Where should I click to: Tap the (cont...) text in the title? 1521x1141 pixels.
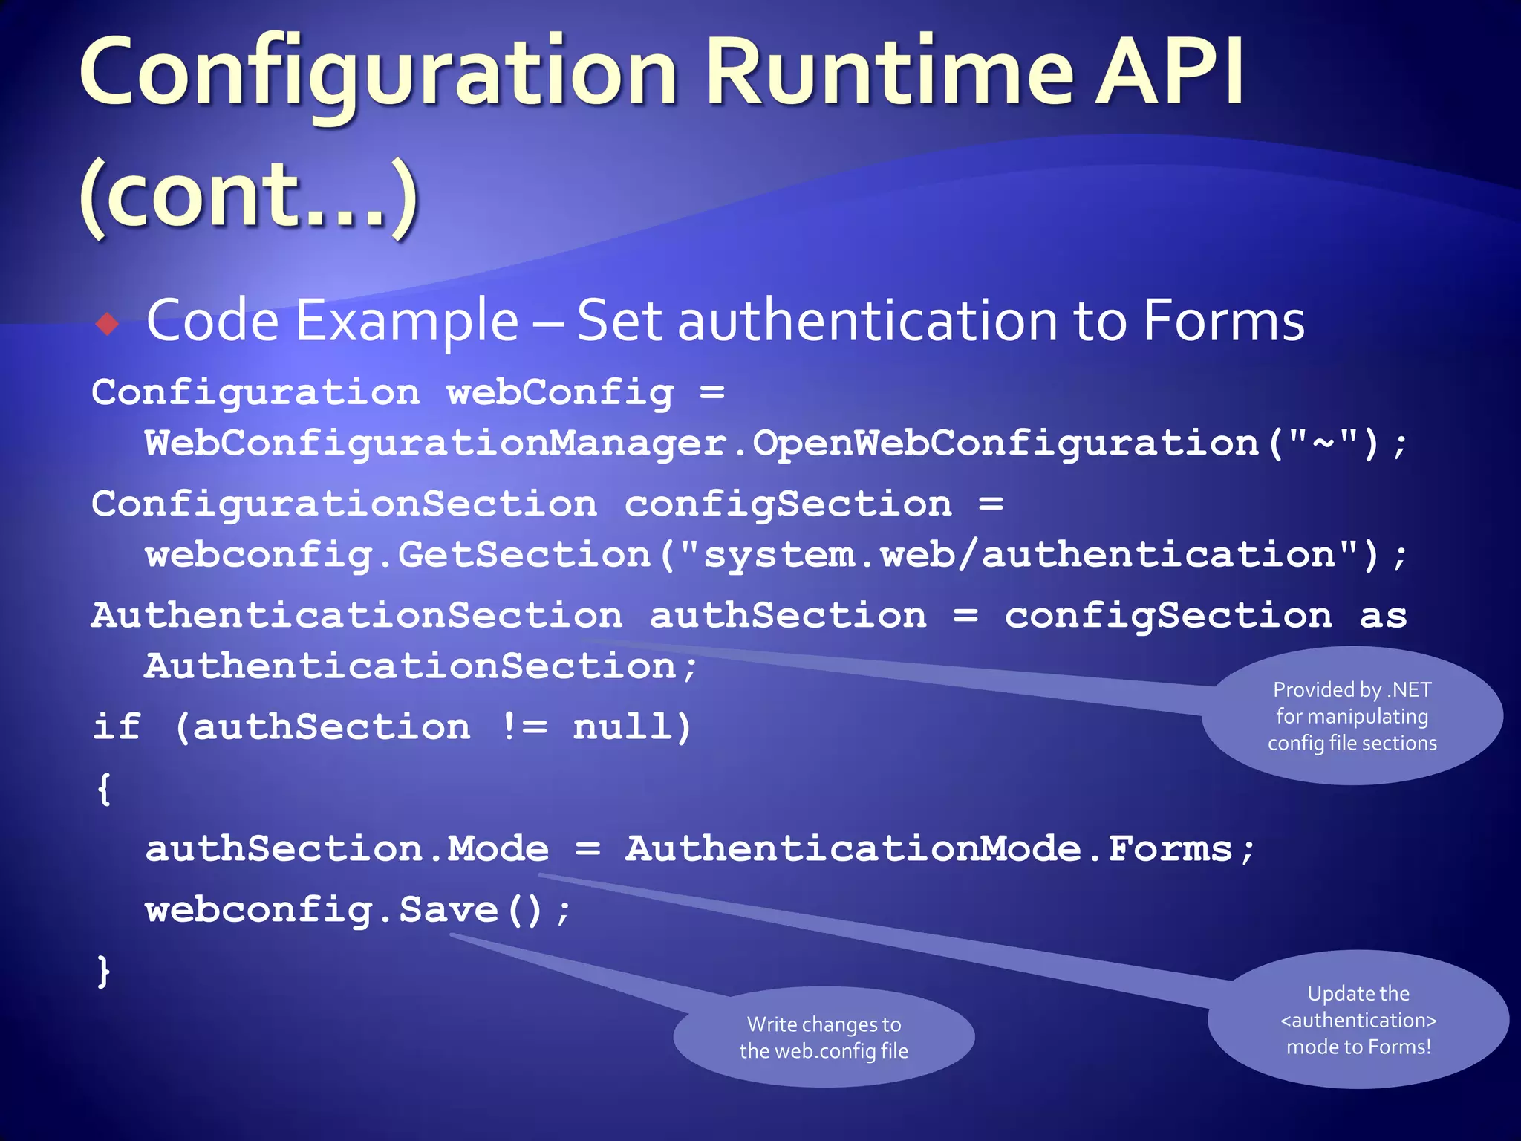point(250,196)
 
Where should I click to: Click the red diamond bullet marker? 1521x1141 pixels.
point(108,324)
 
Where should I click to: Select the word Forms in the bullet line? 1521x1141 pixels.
point(1223,321)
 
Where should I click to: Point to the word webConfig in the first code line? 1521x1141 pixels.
point(560,392)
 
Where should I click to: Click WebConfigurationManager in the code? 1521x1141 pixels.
point(435,443)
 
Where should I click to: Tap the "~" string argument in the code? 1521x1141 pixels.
point(1324,443)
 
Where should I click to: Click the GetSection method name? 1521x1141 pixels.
point(524,555)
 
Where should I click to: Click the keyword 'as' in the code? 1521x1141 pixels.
point(1383,616)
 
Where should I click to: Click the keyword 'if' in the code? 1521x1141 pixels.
point(117,726)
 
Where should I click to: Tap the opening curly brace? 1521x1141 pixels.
point(104,788)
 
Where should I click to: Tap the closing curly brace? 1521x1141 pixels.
point(104,971)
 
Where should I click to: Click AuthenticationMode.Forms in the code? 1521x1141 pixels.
point(928,849)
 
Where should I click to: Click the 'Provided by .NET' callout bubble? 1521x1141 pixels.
point(1352,716)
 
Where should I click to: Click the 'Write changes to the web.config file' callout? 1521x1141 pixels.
point(824,1038)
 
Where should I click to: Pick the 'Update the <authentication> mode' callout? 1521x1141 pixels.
point(1358,1020)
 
